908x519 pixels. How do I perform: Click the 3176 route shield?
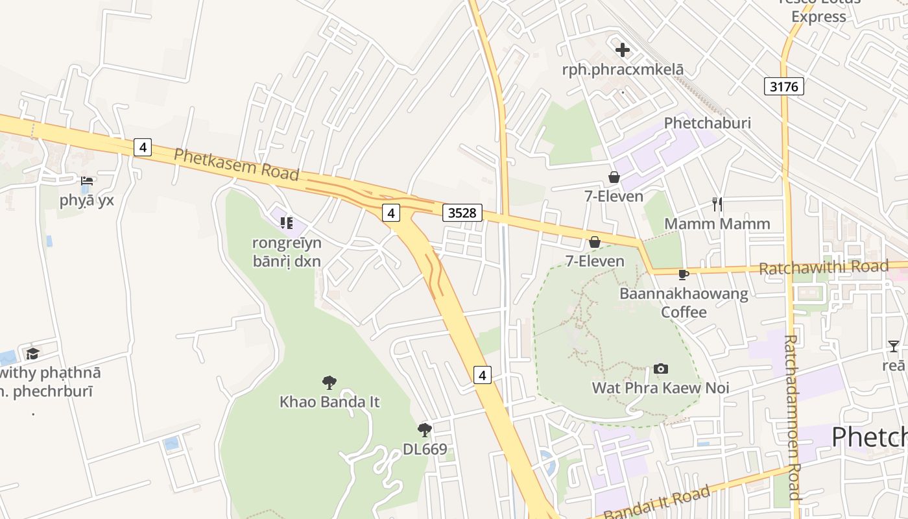pyautogui.click(x=783, y=86)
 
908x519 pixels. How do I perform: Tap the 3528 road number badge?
pyautogui.click(x=462, y=213)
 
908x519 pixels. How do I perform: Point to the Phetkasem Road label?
pyautogui.click(x=236, y=164)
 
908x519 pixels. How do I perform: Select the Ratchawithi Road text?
pyautogui.click(x=823, y=267)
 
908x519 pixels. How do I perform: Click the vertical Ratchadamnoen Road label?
pyautogui.click(x=792, y=416)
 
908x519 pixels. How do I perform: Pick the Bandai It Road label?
pyautogui.click(x=657, y=503)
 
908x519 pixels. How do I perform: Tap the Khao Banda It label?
pyautogui.click(x=329, y=402)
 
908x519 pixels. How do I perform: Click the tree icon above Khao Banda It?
pyautogui.click(x=329, y=382)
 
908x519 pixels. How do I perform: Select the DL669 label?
pyautogui.click(x=425, y=449)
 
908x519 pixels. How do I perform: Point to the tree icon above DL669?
pyautogui.click(x=425, y=429)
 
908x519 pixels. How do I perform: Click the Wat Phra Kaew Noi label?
pyautogui.click(x=660, y=388)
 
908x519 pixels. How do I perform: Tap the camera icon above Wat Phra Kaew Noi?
pyautogui.click(x=661, y=369)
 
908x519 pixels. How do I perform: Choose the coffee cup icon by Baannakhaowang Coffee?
pyautogui.click(x=683, y=274)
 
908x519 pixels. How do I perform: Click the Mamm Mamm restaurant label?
pyautogui.click(x=717, y=224)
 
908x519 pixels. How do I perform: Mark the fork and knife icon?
pyautogui.click(x=717, y=204)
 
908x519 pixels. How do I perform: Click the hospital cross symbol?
pyautogui.click(x=623, y=50)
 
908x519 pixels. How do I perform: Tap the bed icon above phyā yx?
pyautogui.click(x=87, y=181)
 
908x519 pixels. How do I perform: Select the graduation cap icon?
pyautogui.click(x=32, y=354)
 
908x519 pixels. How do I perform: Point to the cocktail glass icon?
pyautogui.click(x=894, y=346)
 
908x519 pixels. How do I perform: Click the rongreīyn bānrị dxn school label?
pyautogui.click(x=287, y=252)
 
